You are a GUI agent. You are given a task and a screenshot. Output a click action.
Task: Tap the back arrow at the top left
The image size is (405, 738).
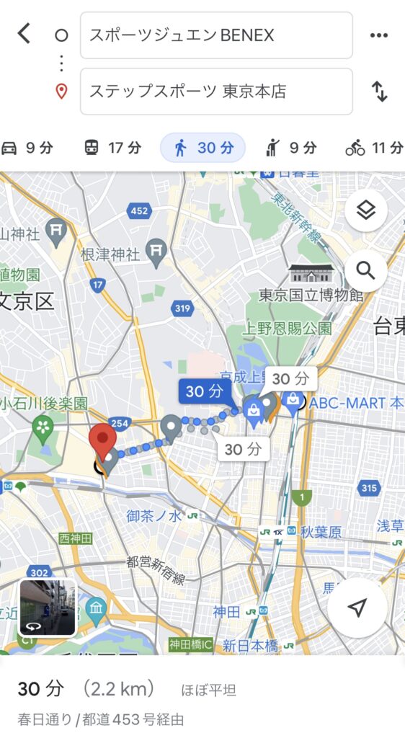pyautogui.click(x=25, y=33)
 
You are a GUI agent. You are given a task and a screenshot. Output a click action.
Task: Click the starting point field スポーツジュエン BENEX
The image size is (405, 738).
pyautogui.click(x=216, y=35)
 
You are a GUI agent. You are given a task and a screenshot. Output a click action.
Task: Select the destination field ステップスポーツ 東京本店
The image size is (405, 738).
pyautogui.click(x=216, y=92)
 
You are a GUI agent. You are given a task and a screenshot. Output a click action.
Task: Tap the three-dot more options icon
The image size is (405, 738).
pyautogui.click(x=378, y=35)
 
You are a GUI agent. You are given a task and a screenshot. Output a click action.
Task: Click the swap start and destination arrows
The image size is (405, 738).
pyautogui.click(x=379, y=92)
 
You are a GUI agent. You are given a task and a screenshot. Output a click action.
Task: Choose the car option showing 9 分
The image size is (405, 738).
pyautogui.click(x=27, y=148)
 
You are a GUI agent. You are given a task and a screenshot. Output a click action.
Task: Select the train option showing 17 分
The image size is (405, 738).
pyautogui.click(x=112, y=148)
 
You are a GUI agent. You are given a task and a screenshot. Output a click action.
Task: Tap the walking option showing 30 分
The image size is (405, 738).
pyautogui.click(x=203, y=148)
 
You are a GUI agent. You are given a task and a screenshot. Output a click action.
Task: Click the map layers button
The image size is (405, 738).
pyautogui.click(x=366, y=210)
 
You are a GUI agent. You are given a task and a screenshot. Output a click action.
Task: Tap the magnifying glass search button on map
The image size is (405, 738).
pyautogui.click(x=366, y=271)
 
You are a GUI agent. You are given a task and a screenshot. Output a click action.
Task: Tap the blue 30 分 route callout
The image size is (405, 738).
pyautogui.click(x=205, y=392)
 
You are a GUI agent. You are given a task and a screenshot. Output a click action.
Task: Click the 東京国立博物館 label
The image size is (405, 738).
pyautogui.click(x=311, y=295)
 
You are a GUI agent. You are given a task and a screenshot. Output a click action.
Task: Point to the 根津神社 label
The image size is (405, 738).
pyautogui.click(x=109, y=254)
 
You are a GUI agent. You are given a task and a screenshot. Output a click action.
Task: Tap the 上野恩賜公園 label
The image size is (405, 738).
pyautogui.click(x=287, y=328)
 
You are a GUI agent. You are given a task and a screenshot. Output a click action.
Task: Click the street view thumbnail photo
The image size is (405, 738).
pyautogui.click(x=48, y=607)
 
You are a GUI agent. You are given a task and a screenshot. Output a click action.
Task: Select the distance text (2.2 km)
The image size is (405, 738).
pyautogui.click(x=119, y=689)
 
